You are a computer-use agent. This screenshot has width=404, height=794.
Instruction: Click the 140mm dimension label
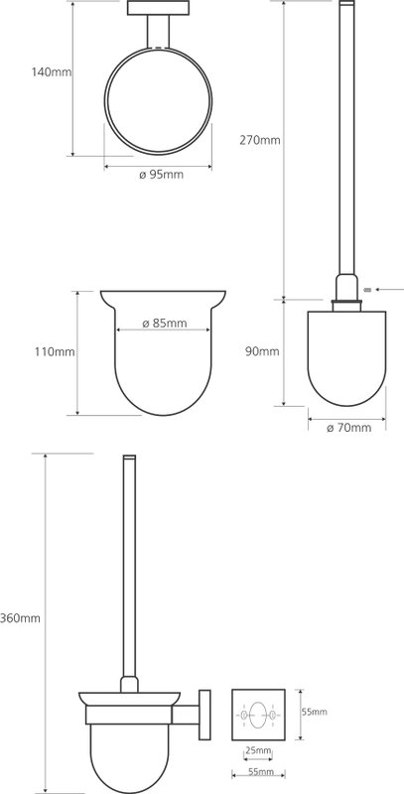pyautogui.click(x=52, y=71)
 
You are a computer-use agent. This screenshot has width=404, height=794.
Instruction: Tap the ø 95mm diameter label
pyautogui.click(x=161, y=176)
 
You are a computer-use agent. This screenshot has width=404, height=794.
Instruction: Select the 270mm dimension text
pyautogui.click(x=260, y=140)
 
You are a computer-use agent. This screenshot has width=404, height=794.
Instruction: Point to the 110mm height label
pyautogui.click(x=55, y=351)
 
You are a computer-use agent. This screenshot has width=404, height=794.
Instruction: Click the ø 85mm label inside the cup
pyautogui.click(x=165, y=324)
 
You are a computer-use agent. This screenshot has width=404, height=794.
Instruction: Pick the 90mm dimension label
pyautogui.click(x=262, y=351)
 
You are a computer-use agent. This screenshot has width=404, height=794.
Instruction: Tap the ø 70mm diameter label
pyautogui.click(x=348, y=428)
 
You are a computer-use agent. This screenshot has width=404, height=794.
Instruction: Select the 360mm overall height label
pyautogui.click(x=20, y=618)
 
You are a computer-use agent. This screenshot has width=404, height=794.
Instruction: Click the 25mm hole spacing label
pyautogui.click(x=258, y=750)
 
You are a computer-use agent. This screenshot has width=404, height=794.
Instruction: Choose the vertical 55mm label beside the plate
pyautogui.click(x=314, y=712)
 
